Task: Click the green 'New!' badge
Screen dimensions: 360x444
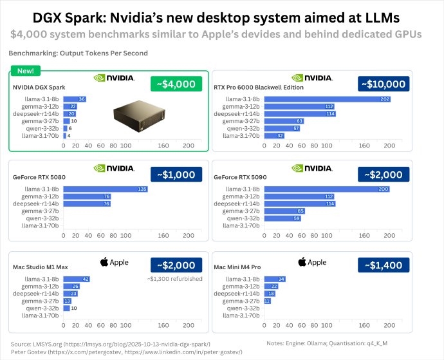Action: point(26,71)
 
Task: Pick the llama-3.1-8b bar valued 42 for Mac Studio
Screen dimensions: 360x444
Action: point(77,279)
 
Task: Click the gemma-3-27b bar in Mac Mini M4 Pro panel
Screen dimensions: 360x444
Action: point(268,301)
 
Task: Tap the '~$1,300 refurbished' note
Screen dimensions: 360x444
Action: point(174,279)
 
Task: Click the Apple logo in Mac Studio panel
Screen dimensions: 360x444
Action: point(115,262)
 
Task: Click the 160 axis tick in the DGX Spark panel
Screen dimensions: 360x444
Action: point(163,146)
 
